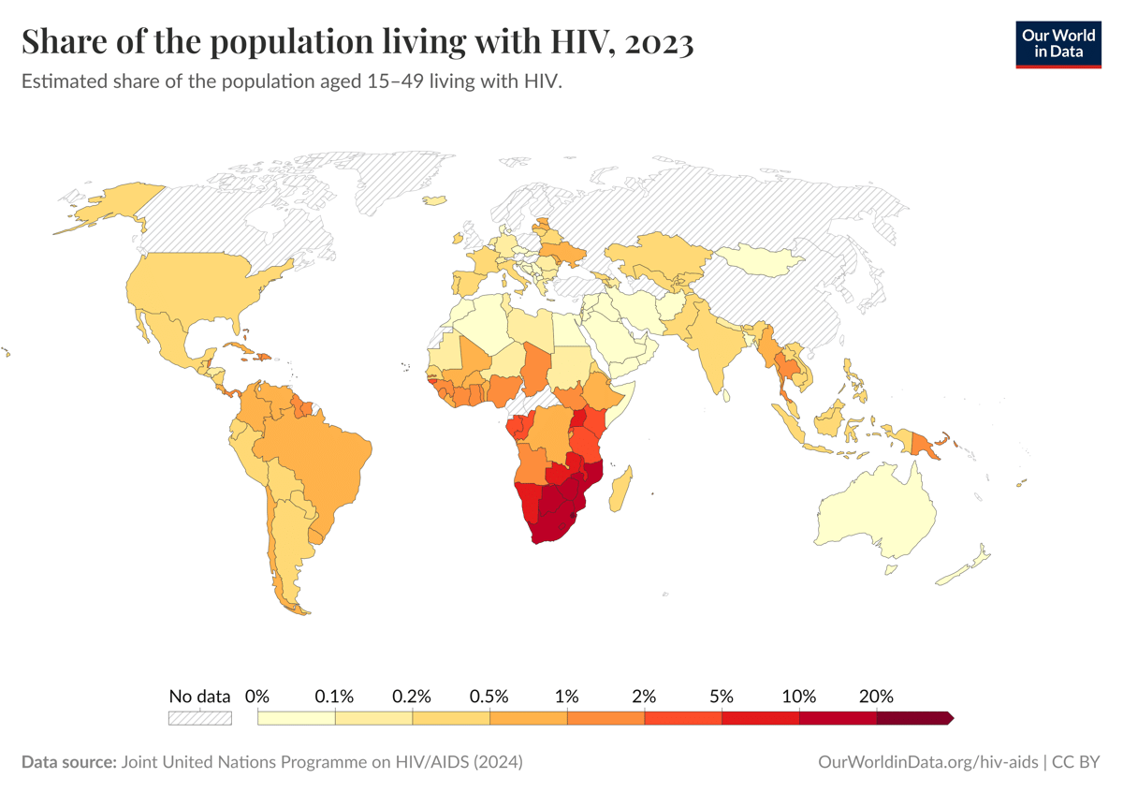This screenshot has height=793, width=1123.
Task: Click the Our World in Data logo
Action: [x=1058, y=43]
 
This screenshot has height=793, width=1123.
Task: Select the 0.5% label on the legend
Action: [x=489, y=697]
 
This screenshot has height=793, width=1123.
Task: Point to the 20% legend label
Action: [x=876, y=697]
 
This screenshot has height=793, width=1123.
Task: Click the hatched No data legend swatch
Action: [x=199, y=718]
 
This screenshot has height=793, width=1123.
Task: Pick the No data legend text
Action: [x=199, y=697]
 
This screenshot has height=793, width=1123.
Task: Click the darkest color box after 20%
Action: [x=913, y=718]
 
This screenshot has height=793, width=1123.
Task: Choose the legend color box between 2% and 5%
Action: [x=682, y=718]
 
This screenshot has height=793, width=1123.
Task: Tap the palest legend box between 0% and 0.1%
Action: [x=296, y=718]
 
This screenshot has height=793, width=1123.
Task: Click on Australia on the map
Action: [x=875, y=510]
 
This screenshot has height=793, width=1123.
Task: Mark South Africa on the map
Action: [x=552, y=524]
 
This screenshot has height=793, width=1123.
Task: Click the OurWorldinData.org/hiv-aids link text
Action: [x=927, y=762]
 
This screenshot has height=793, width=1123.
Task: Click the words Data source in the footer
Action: [x=66, y=762]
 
